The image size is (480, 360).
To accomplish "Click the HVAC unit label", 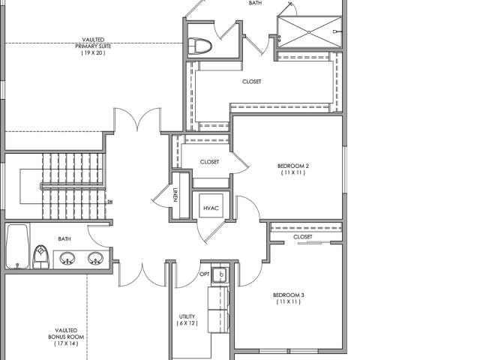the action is point(211,208).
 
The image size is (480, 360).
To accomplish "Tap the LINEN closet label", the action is point(175,195).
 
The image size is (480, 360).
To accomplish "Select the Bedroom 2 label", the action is point(293,169).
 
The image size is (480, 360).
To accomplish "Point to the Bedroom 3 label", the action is point(288,298).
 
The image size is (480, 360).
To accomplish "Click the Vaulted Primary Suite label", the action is point(93,46).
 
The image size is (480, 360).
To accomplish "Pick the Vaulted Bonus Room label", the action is point(66,337).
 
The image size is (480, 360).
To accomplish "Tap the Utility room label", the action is point(187,319).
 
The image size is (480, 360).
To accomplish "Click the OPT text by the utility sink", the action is point(204,274).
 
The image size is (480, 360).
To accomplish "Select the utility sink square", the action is point(219,274).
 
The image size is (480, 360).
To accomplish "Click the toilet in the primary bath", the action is point(199,46).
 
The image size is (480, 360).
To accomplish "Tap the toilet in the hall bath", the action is point(40,256).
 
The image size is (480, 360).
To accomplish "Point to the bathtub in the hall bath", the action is point(18,247).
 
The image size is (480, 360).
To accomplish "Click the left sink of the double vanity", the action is point(67,258).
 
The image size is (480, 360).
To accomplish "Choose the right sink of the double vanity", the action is point(95,258).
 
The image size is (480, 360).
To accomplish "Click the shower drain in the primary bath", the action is point(309,32).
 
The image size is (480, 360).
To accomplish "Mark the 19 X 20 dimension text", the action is point(93,52).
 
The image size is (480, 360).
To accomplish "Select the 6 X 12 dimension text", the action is point(187,323).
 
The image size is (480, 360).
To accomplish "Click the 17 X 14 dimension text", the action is point(66,343).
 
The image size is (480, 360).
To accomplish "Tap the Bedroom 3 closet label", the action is point(303,237).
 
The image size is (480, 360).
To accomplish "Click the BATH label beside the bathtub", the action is point(64,238).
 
